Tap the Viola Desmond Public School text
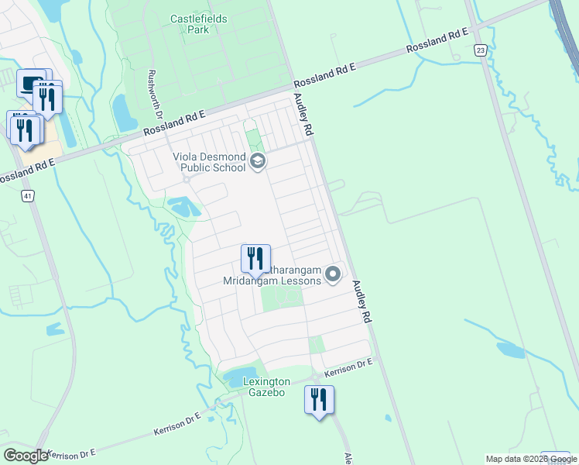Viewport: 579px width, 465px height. (209, 162)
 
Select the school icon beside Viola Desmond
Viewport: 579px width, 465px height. (258, 162)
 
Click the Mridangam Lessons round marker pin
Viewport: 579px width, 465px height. (334, 274)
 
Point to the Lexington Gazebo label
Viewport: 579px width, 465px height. (266, 387)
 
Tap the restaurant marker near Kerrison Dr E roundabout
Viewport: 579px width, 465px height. (319, 401)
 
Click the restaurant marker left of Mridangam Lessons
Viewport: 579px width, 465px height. (255, 259)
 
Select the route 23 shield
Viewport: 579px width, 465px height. (481, 50)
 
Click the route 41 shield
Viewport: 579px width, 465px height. (28, 197)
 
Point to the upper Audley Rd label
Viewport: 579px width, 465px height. (302, 115)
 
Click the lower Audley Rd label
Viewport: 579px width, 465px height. (362, 301)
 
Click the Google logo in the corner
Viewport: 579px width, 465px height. (26, 456)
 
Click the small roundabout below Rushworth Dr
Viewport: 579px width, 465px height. (186, 179)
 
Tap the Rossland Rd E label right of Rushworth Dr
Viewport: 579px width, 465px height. (324, 75)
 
